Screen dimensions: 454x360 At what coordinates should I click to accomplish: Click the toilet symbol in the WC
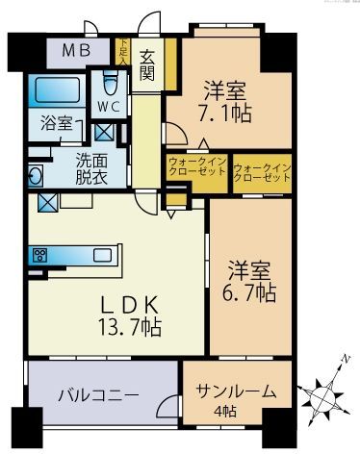pyautogui.click(x=109, y=81)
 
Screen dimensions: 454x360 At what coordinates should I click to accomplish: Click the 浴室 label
pyautogui.click(x=56, y=123)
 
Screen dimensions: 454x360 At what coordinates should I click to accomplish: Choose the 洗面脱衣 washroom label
pyautogui.click(x=95, y=170)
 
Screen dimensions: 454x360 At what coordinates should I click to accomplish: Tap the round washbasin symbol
pyautogui.click(x=35, y=177)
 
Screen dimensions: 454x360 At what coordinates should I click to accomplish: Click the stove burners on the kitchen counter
pyautogui.click(x=41, y=256)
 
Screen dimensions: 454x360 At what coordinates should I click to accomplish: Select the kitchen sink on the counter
pyautogui.click(x=99, y=256)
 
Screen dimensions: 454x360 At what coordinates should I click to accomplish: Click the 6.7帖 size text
pyautogui.click(x=251, y=289)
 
